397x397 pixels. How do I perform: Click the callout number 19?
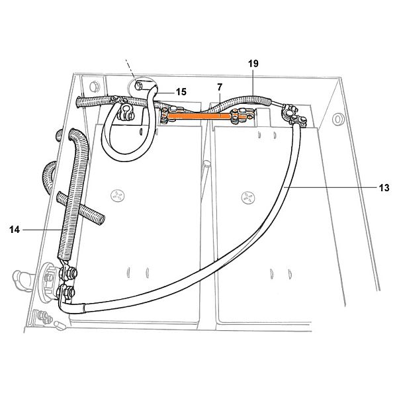point(253,64)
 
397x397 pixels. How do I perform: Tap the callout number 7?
point(220,87)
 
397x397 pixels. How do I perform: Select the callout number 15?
point(181,92)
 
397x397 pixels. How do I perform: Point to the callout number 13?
point(384,188)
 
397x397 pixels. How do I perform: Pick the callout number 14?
point(15,230)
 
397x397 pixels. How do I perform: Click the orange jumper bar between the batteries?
point(199,116)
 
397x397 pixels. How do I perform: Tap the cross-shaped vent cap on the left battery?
point(118,195)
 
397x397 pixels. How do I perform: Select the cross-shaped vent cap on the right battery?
point(248,197)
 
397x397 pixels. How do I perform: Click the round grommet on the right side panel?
point(338,119)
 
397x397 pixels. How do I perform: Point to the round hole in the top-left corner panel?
point(94,87)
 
